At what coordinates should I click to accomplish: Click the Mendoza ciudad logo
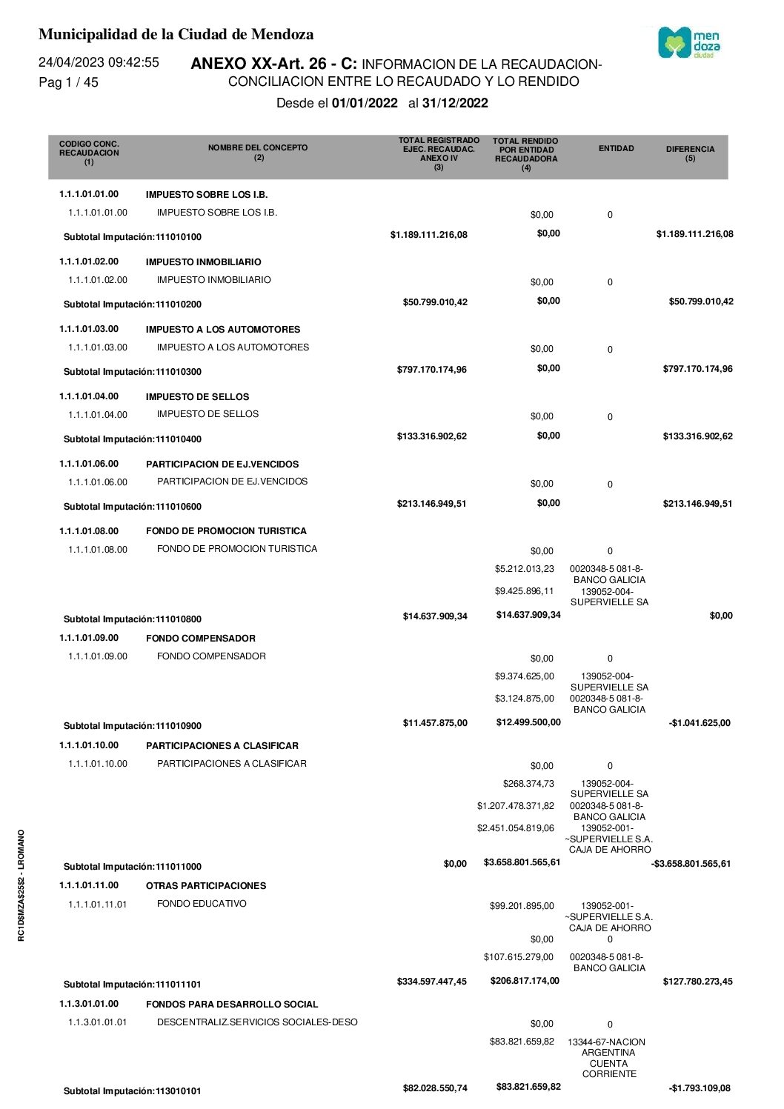click(688, 43)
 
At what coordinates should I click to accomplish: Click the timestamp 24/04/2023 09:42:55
click(99, 62)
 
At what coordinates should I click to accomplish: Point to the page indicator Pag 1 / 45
click(68, 82)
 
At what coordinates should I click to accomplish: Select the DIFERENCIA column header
click(690, 153)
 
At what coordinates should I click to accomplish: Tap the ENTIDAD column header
click(616, 148)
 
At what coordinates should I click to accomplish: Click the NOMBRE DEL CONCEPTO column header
click(258, 152)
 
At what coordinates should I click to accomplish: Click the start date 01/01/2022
click(365, 103)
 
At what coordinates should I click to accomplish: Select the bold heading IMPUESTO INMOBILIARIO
click(203, 262)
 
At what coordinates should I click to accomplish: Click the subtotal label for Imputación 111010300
click(132, 372)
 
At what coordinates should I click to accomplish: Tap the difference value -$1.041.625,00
click(699, 723)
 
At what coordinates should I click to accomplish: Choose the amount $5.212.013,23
click(524, 569)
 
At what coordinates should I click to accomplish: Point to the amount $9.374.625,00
click(524, 676)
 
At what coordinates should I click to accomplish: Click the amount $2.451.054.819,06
click(515, 828)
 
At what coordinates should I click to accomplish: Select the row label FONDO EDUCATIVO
click(202, 904)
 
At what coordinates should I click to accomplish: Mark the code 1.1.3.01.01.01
click(97, 1022)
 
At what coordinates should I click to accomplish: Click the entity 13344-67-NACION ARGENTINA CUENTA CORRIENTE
click(609, 1057)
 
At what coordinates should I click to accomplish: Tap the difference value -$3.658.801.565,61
click(691, 864)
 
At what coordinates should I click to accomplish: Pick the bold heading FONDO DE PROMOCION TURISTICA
click(226, 531)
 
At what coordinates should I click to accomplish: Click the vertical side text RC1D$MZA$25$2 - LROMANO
click(21, 885)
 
